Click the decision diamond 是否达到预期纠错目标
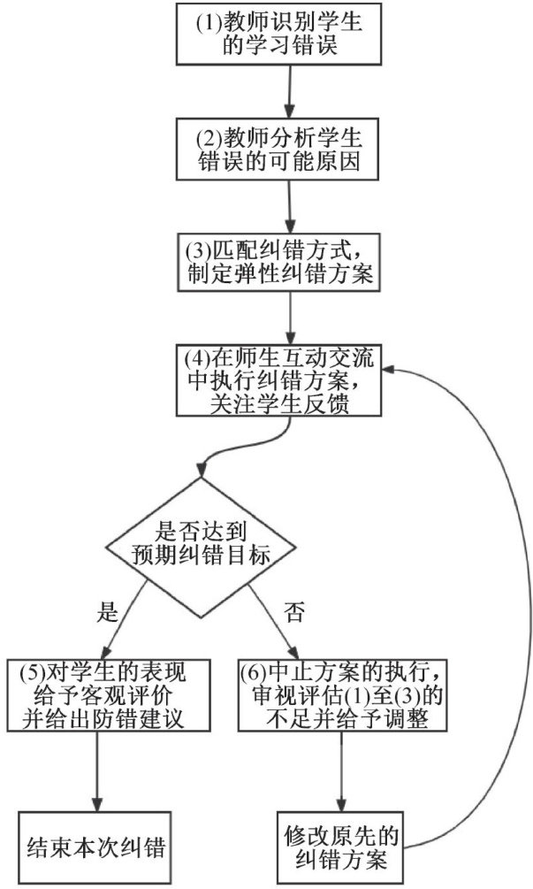[x=201, y=542]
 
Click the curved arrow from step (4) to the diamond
[x=239, y=451]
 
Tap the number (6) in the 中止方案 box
[x=255, y=669]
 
